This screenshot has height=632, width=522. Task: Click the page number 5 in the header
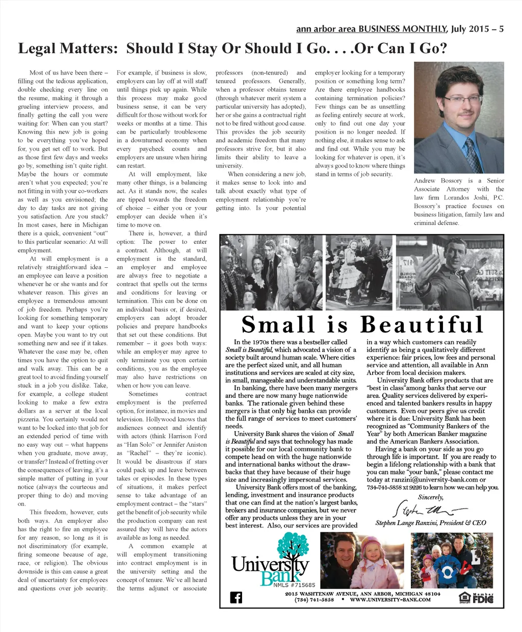click(502, 29)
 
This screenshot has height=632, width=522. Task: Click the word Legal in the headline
click(39, 48)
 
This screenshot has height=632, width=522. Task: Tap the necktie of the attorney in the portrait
click(471, 154)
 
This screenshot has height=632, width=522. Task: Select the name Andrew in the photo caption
click(425, 181)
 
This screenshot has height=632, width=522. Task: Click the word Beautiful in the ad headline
click(421, 325)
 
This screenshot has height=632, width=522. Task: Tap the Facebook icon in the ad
click(236, 597)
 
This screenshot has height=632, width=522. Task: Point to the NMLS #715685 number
click(294, 585)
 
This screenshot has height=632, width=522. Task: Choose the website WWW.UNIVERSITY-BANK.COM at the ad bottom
click(390, 600)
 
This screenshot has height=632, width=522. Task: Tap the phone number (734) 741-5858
click(314, 600)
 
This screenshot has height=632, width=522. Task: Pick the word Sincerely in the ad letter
click(431, 497)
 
